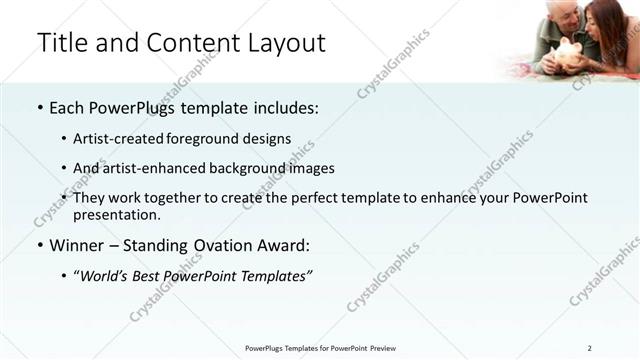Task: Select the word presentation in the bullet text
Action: [x=115, y=214]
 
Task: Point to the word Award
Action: [x=283, y=245]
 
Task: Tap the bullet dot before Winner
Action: [x=39, y=245]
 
